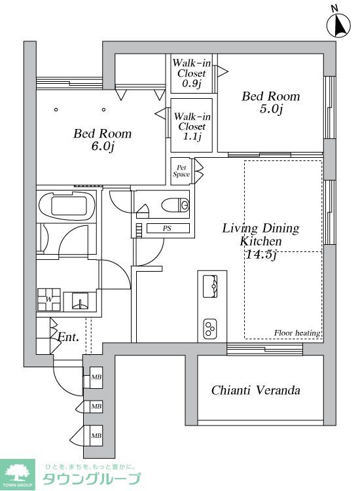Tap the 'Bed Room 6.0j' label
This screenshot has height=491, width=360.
[x=102, y=139]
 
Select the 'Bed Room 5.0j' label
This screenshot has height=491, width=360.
[x=270, y=102]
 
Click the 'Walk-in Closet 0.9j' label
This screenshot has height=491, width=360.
[x=191, y=73]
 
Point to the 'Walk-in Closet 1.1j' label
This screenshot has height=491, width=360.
[x=191, y=126]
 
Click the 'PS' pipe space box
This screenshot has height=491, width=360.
[x=167, y=228]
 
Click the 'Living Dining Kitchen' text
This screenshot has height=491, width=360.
[x=261, y=235]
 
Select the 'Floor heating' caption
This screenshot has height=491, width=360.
[x=297, y=333]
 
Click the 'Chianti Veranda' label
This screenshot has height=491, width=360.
[x=255, y=391]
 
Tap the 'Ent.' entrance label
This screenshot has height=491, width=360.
[x=68, y=338]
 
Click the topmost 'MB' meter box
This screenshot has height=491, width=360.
[x=96, y=378]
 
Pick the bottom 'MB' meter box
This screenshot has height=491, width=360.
[x=96, y=435]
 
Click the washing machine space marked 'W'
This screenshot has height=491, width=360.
[x=50, y=300]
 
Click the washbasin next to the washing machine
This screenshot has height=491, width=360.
[x=81, y=302]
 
